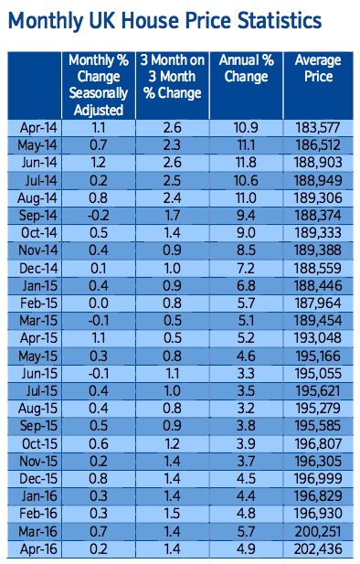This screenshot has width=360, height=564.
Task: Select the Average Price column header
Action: [x=318, y=69]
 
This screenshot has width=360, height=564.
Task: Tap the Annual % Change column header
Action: [x=247, y=69]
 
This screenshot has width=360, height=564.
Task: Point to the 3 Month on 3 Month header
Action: [x=173, y=77]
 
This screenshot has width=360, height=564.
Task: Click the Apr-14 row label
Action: [x=38, y=128]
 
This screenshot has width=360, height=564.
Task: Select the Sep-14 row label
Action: [x=37, y=216]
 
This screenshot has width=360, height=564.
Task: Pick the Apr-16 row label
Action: [x=38, y=549]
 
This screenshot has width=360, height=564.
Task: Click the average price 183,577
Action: [x=318, y=128]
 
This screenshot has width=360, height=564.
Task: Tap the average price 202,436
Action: [x=318, y=549]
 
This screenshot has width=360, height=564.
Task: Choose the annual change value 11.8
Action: [x=246, y=163]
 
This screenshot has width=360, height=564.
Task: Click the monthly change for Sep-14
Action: [x=98, y=216]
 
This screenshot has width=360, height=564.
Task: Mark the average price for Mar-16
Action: [x=318, y=532]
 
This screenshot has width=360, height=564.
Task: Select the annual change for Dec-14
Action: [x=246, y=269]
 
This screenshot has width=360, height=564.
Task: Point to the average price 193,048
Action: [x=318, y=338]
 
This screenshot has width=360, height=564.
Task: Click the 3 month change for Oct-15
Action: [x=173, y=444]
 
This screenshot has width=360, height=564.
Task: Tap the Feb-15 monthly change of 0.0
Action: [x=98, y=303]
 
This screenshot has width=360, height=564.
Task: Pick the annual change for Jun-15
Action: [x=246, y=374]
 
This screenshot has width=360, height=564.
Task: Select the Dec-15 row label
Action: [x=38, y=479]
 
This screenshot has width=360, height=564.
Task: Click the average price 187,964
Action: [x=318, y=303]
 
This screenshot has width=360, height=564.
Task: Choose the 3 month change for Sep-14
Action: [x=173, y=216]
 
